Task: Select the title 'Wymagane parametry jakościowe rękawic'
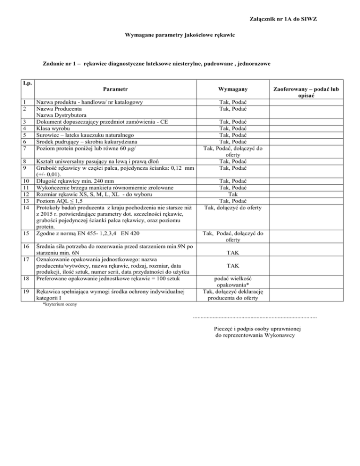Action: coord(180,35)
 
